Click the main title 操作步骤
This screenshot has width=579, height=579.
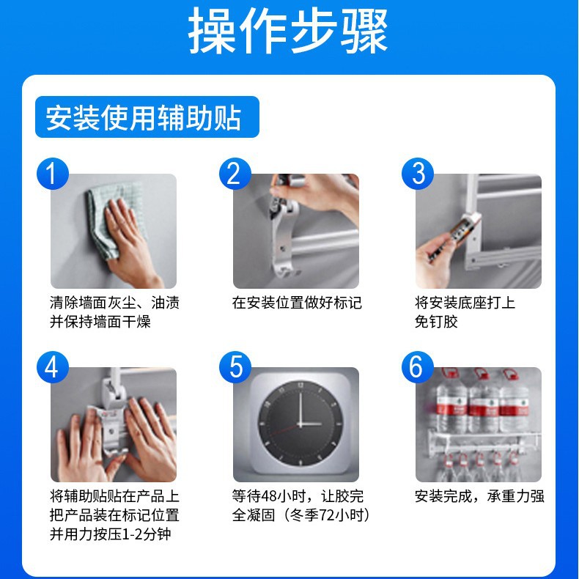[x=289, y=32]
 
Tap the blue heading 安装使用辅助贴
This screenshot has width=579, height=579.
[x=144, y=117]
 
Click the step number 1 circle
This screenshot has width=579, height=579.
[x=52, y=174]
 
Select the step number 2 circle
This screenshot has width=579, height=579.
[x=235, y=174]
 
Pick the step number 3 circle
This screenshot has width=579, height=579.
[x=418, y=174]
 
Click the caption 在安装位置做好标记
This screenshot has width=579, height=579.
[x=297, y=303]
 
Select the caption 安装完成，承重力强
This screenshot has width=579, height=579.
[x=479, y=496]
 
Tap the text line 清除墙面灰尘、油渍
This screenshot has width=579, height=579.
[x=114, y=303]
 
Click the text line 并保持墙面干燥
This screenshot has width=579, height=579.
[x=100, y=322]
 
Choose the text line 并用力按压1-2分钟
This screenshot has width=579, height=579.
[x=110, y=534]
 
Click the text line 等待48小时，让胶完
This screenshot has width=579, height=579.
[x=297, y=496]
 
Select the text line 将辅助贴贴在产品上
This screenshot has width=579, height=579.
[x=114, y=496]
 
